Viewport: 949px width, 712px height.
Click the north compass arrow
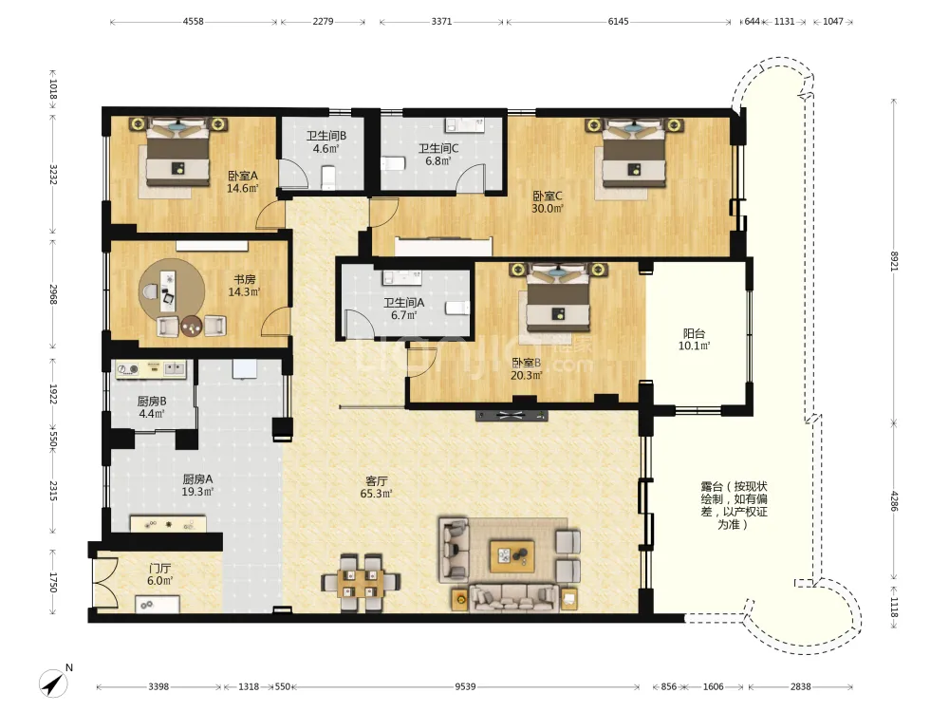pyautogui.click(x=54, y=684)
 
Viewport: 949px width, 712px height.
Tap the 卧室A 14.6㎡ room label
pyautogui.click(x=243, y=181)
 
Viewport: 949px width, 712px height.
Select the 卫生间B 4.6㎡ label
pyautogui.click(x=326, y=142)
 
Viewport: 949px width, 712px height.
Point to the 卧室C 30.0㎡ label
pyautogui.click(x=548, y=202)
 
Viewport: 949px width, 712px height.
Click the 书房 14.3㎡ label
pyautogui.click(x=245, y=286)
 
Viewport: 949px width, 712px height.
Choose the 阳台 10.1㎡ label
pyautogui.click(x=694, y=340)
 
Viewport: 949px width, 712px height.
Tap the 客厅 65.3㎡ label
pyautogui.click(x=376, y=487)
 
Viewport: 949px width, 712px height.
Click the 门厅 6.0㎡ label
pyautogui.click(x=159, y=574)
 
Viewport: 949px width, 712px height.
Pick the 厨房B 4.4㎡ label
pyautogui.click(x=151, y=407)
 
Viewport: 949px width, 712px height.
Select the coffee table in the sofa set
pyautogui.click(x=512, y=556)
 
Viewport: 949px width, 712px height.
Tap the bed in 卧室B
pyautogui.click(x=558, y=299)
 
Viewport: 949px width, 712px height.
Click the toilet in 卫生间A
pyautogui.click(x=457, y=309)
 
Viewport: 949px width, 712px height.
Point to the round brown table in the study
pyautogui.click(x=193, y=326)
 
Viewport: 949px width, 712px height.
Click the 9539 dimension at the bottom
pyautogui.click(x=465, y=686)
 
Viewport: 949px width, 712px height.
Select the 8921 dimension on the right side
pyautogui.click(x=895, y=261)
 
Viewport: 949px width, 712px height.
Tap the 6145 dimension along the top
pyautogui.click(x=618, y=21)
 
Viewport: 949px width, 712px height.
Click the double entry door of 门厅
pyautogui.click(x=105, y=582)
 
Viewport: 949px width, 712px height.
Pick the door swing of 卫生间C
pyautogui.click(x=471, y=178)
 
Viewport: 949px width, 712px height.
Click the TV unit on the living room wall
pyautogui.click(x=512, y=416)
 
